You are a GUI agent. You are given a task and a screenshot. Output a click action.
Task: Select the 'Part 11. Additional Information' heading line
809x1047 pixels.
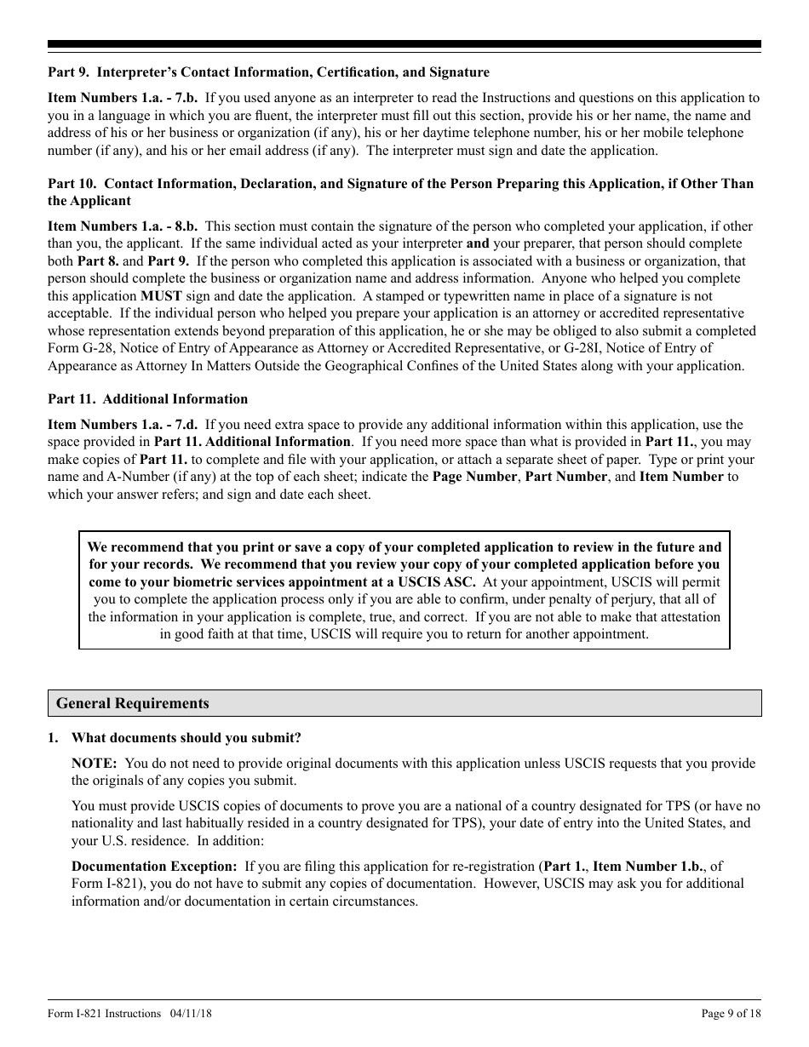(147, 398)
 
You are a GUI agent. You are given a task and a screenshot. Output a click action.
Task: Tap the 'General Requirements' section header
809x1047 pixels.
(132, 703)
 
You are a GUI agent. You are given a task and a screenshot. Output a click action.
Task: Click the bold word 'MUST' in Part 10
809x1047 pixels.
(161, 296)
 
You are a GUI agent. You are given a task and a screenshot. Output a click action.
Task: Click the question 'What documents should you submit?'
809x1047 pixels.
(186, 738)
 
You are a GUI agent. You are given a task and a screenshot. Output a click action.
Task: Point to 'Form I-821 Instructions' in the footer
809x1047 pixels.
(104, 1013)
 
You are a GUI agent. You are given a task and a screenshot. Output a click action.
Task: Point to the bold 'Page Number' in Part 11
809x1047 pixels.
(474, 477)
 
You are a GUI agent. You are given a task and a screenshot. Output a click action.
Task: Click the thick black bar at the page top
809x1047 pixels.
(404, 44)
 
